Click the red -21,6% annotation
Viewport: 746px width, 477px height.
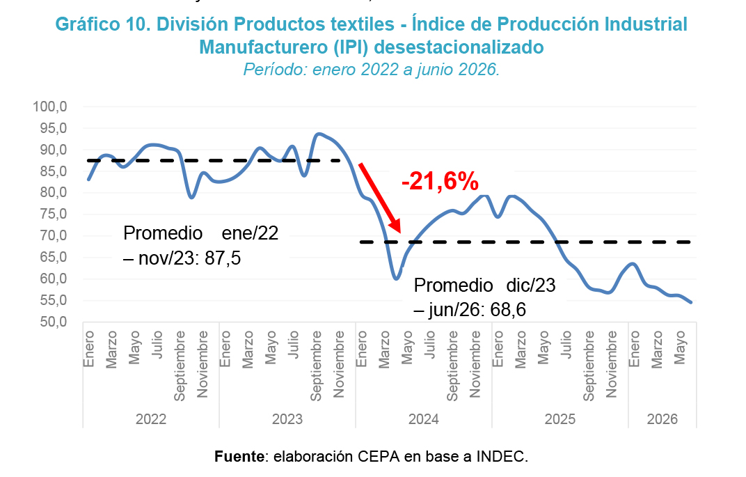pyautogui.click(x=440, y=181)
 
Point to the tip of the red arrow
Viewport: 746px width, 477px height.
pyautogui.click(x=399, y=233)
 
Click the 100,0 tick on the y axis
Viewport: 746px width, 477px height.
pyautogui.click(x=50, y=106)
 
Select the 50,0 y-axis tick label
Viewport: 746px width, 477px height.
pyautogui.click(x=54, y=322)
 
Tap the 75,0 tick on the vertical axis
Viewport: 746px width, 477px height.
pyautogui.click(x=54, y=214)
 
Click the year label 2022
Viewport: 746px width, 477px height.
pyautogui.click(x=151, y=419)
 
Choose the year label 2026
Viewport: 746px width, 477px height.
pyautogui.click(x=662, y=419)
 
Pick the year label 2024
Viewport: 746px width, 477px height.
pyautogui.click(x=423, y=419)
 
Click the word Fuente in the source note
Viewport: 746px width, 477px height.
pyautogui.click(x=239, y=457)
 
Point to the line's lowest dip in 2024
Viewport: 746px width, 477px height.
pyautogui.click(x=396, y=278)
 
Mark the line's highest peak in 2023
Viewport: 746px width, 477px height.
pyautogui.click(x=318, y=134)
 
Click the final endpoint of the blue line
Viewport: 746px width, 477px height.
pyautogui.click(x=690, y=302)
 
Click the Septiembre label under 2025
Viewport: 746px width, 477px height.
pyautogui.click(x=589, y=366)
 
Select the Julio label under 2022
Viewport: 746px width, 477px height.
pyautogui.click(x=157, y=345)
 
